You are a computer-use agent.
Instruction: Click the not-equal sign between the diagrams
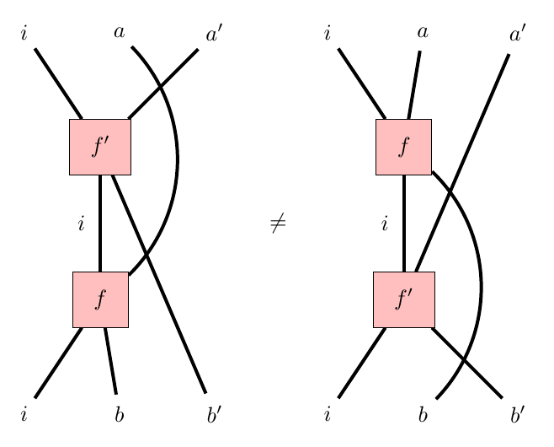coord(278,223)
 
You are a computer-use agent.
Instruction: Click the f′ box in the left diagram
coord(100,147)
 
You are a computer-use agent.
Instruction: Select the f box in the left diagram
coord(100,299)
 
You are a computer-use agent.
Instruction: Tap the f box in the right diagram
coord(403,147)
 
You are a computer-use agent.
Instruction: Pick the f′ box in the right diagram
coord(404,299)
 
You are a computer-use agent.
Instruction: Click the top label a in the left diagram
coord(120,33)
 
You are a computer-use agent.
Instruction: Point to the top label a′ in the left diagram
coord(214,35)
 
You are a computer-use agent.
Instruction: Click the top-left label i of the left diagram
coord(24,35)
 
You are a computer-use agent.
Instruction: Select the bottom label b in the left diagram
coord(120,414)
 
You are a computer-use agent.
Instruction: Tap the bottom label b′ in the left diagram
coord(214,414)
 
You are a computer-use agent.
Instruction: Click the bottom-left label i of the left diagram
coord(24,414)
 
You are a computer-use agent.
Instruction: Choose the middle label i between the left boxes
coord(81,224)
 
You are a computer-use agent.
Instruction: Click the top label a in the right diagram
coord(423,33)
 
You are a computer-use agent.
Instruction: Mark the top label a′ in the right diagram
coord(517,35)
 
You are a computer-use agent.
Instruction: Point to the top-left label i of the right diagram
coord(328,35)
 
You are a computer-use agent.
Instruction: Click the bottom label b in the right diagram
coord(423,414)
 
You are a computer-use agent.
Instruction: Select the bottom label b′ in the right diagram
coord(517,414)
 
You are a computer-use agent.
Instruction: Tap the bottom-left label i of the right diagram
coord(328,414)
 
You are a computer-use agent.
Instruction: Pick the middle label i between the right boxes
coord(384,224)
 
